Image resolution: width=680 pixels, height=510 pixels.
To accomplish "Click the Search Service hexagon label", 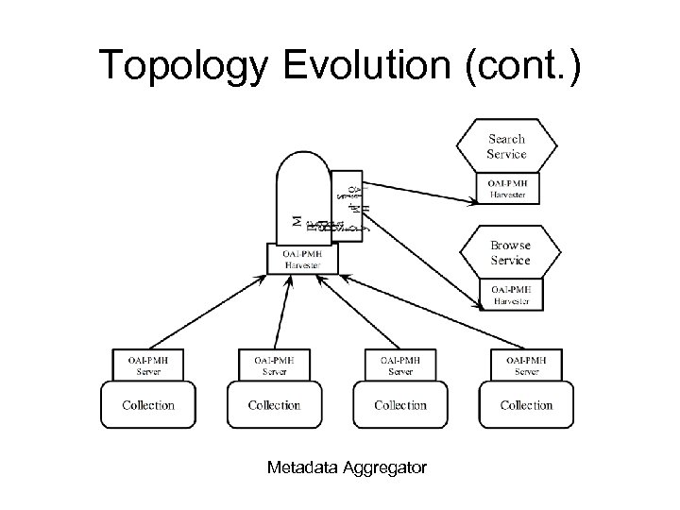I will point(507,145).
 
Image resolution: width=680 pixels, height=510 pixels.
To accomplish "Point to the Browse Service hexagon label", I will point(510,253).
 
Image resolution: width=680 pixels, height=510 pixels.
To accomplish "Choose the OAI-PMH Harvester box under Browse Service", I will point(510,295).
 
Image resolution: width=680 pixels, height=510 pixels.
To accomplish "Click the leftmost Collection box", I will point(148,405).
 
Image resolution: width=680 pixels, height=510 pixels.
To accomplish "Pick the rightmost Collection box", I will point(526,405).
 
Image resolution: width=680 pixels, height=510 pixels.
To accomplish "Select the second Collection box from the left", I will point(274,405).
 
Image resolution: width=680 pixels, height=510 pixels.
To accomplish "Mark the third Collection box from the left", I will point(400,405).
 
